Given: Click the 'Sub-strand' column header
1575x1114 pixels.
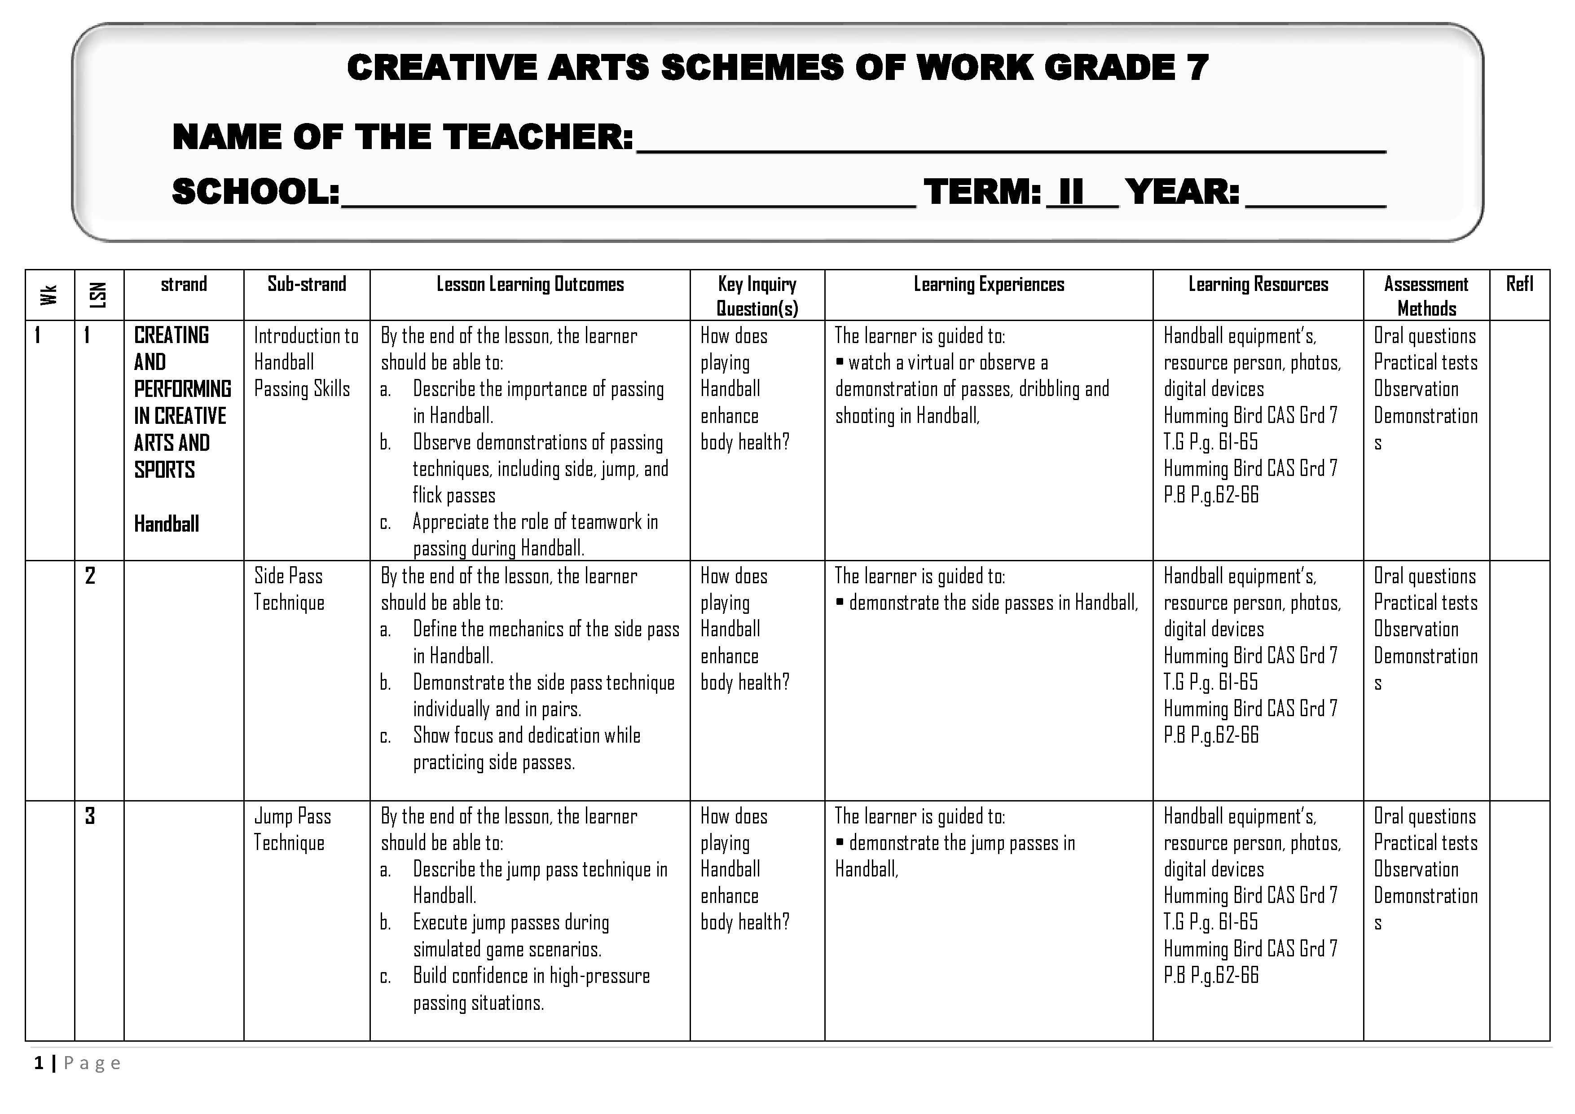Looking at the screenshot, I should [307, 284].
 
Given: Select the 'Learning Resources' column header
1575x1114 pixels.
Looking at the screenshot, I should [1258, 284].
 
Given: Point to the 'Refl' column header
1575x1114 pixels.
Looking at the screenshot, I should [1519, 284].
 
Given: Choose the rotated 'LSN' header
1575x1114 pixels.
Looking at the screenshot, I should [99, 295].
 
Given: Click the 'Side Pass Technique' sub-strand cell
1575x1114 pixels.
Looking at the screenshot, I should [289, 589].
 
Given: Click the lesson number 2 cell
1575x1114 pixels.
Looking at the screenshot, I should [90, 576].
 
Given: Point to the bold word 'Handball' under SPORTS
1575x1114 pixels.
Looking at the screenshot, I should [167, 524].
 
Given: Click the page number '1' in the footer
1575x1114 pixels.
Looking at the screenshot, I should [39, 1063].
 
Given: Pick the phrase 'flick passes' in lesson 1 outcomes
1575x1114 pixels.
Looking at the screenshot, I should [453, 495].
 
